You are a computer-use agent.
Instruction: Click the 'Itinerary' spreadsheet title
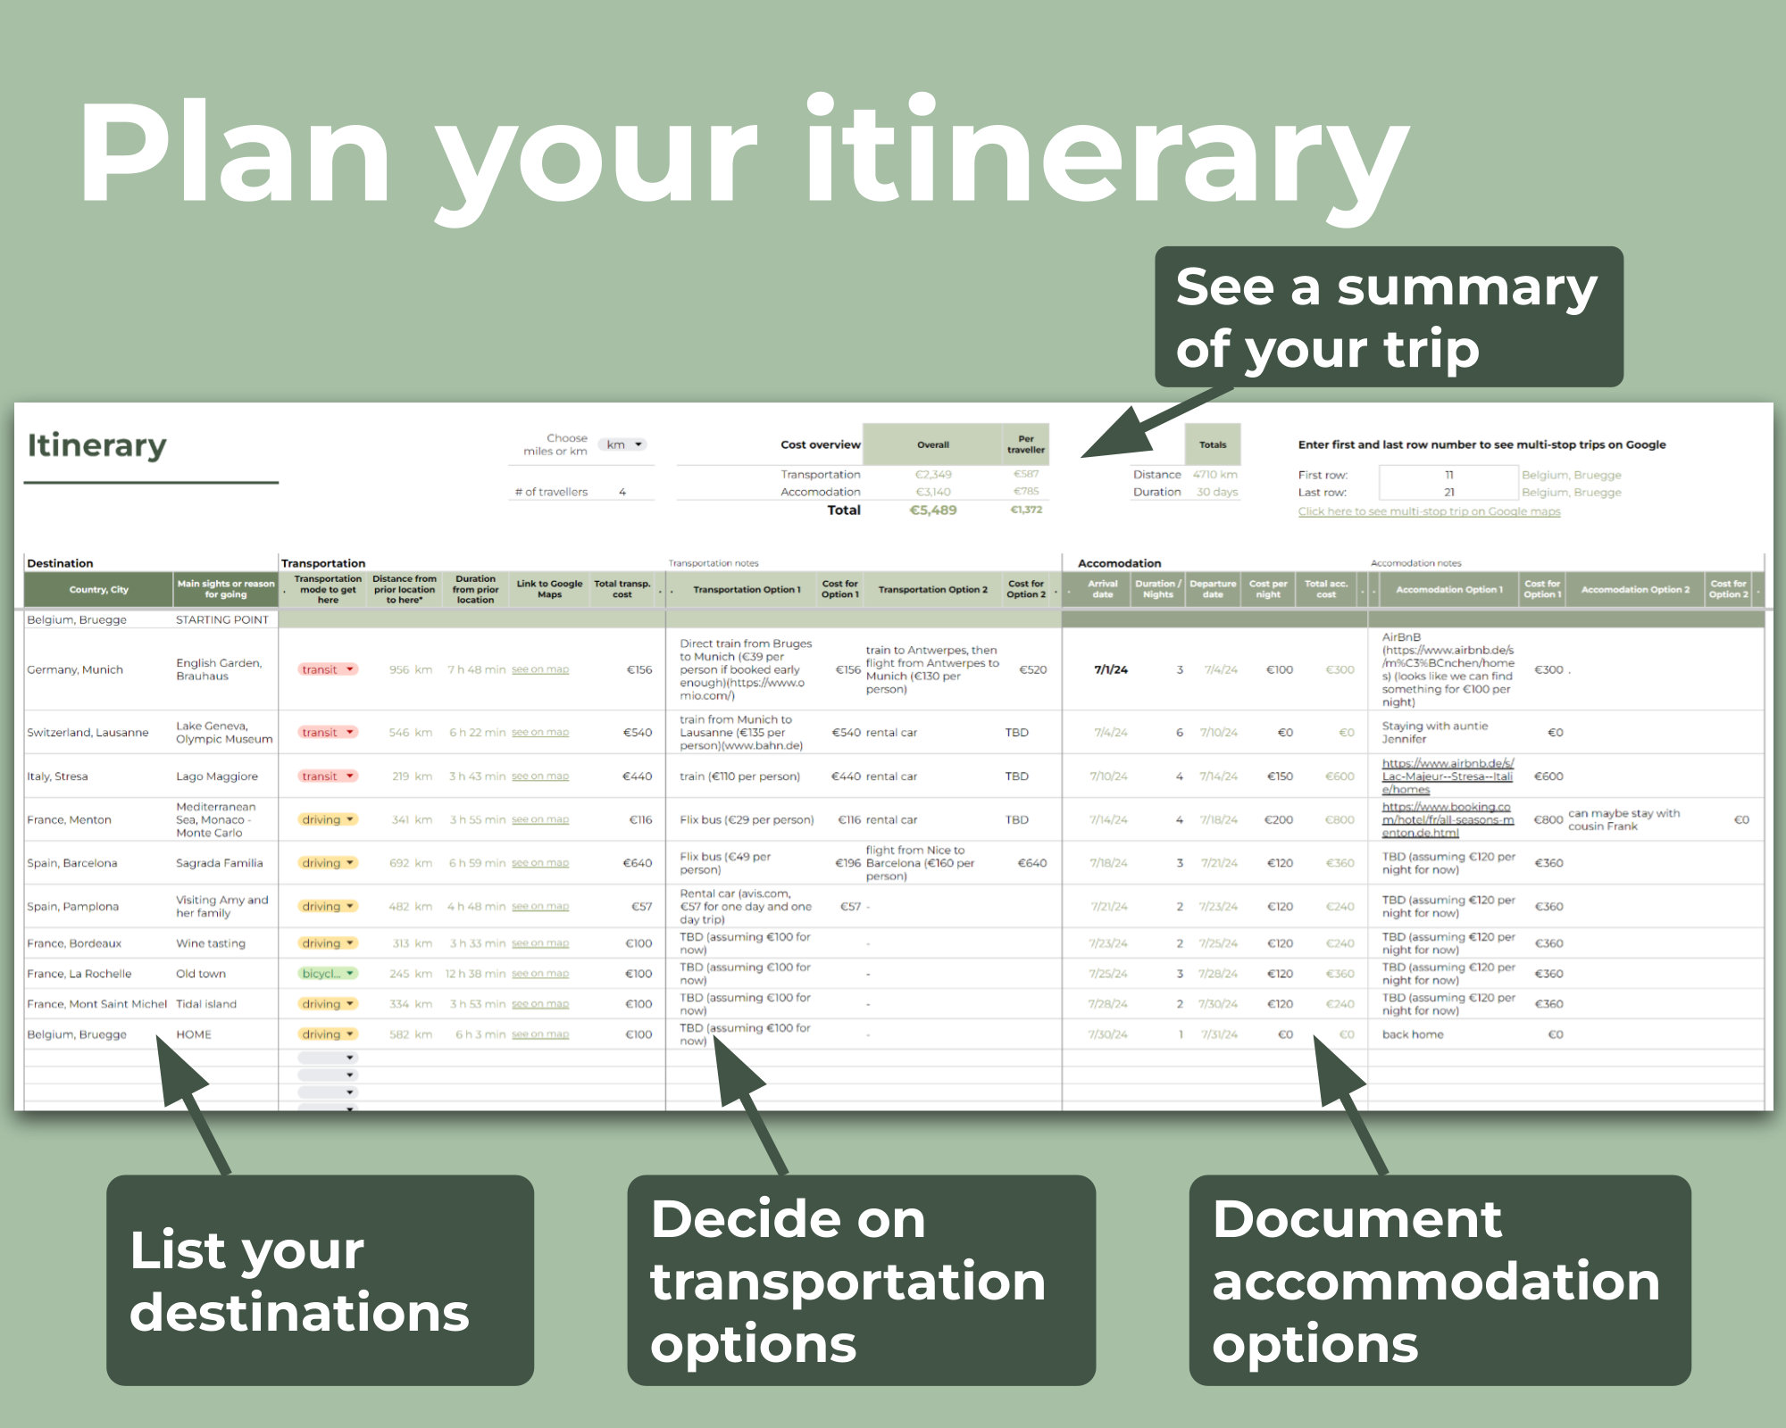(x=96, y=445)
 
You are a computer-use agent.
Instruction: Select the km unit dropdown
(x=623, y=444)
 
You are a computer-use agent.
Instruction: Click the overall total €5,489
(x=932, y=511)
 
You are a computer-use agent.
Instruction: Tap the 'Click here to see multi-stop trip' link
(x=1429, y=511)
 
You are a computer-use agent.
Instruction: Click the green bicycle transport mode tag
(x=328, y=974)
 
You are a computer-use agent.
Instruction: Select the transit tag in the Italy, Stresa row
(x=328, y=776)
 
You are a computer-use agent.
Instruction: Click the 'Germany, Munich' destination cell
(x=75, y=670)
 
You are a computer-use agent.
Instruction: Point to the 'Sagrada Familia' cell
(x=220, y=863)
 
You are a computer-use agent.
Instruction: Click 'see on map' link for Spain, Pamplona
(x=539, y=907)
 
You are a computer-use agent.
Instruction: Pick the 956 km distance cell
(x=410, y=670)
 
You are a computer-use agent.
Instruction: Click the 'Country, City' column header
(x=99, y=590)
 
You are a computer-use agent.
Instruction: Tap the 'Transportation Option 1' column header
(x=747, y=590)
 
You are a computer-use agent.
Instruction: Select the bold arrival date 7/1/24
(x=1110, y=670)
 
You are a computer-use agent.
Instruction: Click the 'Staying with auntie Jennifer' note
(x=1434, y=733)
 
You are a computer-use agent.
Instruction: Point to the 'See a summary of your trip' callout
(x=1388, y=317)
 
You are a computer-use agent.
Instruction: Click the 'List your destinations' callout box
(x=320, y=1280)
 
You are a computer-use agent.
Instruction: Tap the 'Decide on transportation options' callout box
(x=861, y=1280)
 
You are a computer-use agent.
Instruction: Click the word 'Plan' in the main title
(x=234, y=154)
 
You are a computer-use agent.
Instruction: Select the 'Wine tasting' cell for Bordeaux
(x=211, y=943)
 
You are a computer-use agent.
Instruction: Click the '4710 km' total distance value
(x=1214, y=475)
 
